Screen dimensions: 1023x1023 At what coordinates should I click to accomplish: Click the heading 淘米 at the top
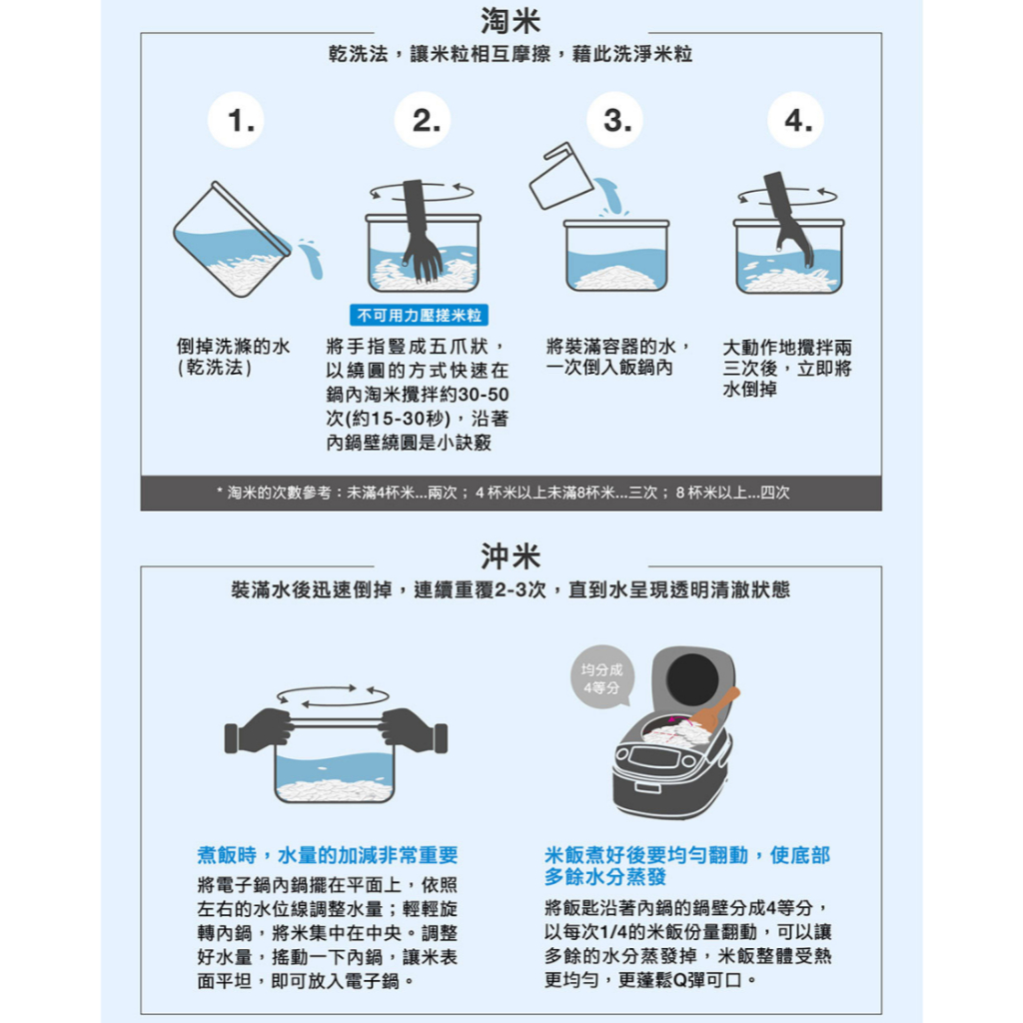[x=511, y=20]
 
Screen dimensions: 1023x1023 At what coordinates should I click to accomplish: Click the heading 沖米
[x=511, y=555]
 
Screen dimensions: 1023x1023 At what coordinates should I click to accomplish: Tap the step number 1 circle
[x=236, y=120]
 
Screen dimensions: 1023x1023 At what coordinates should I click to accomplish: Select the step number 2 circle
[x=423, y=120]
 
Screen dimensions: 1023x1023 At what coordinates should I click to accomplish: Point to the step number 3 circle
[x=614, y=120]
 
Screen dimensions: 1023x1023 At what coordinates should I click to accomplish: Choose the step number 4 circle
[x=796, y=120]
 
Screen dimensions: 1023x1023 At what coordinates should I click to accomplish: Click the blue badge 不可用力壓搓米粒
[x=419, y=315]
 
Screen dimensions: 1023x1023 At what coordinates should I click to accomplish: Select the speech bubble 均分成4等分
[x=601, y=676]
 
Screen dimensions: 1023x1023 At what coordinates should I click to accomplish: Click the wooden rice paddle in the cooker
[x=715, y=708]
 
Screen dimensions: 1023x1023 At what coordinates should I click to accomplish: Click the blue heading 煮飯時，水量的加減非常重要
[x=328, y=855]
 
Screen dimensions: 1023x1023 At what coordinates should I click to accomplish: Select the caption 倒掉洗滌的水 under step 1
[x=233, y=346]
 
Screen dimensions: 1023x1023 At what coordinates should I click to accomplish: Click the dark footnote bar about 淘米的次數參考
[x=511, y=493]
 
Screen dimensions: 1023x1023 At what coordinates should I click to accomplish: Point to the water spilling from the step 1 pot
[x=311, y=258]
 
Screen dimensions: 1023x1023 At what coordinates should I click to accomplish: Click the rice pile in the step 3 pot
[x=615, y=278]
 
